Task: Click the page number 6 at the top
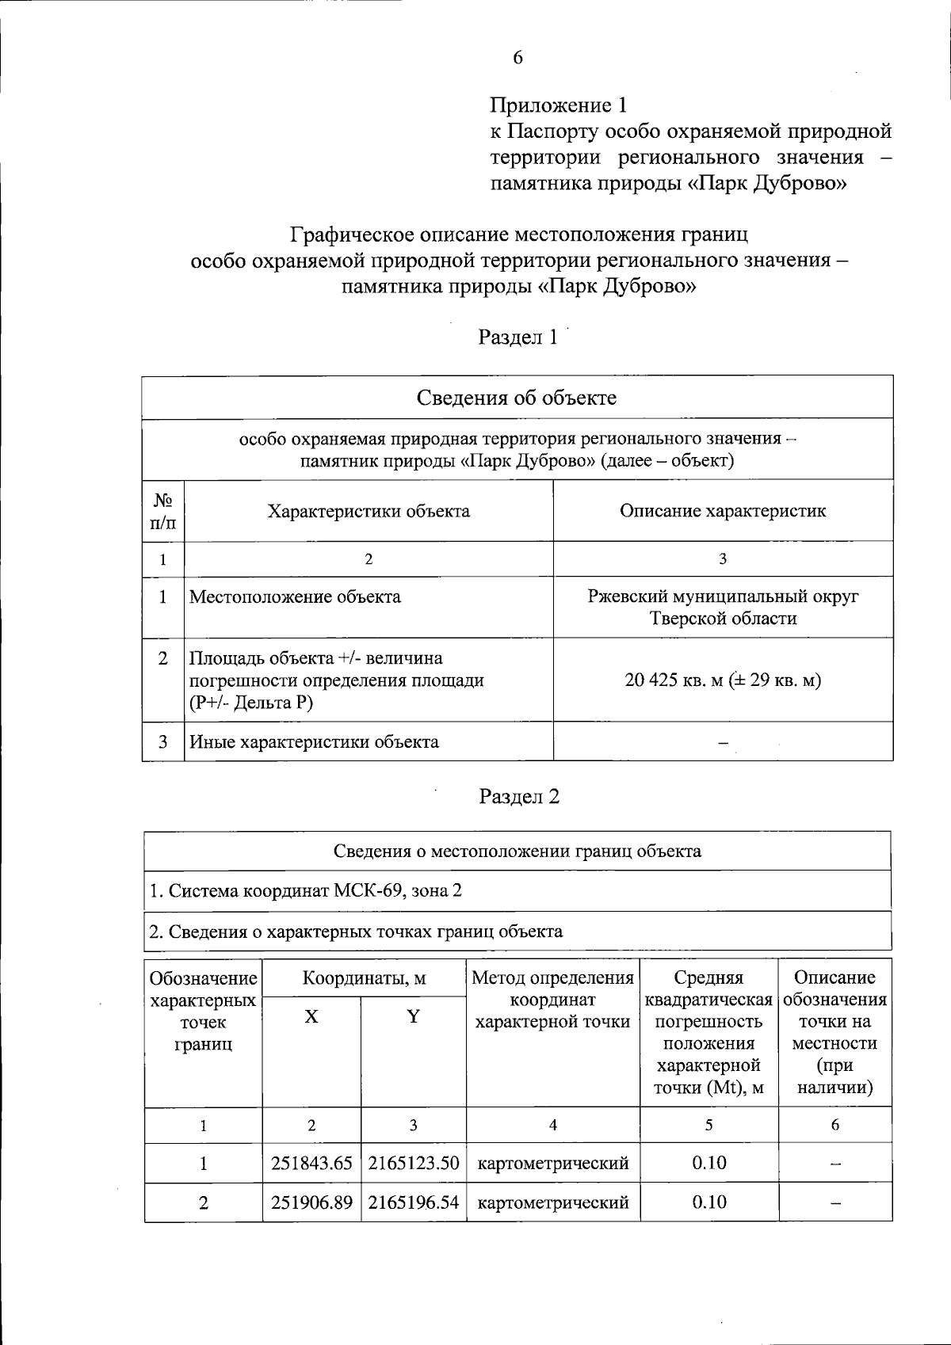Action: tap(518, 58)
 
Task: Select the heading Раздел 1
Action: tap(518, 337)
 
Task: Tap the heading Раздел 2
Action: tap(519, 796)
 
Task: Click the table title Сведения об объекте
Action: tap(517, 398)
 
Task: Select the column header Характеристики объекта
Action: tap(369, 511)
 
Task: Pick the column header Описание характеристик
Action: tap(723, 511)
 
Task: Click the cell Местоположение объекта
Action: tap(295, 597)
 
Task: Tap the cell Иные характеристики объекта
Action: tap(314, 742)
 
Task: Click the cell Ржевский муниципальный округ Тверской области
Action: tap(723, 607)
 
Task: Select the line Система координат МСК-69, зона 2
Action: tap(306, 890)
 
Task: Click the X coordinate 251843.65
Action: tap(311, 1163)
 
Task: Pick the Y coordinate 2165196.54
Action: tap(414, 1202)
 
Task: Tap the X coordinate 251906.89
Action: tap(311, 1202)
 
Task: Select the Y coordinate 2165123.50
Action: tap(414, 1163)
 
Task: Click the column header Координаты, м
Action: tap(364, 978)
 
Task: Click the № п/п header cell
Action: tap(163, 511)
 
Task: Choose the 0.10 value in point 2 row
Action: tap(709, 1202)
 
